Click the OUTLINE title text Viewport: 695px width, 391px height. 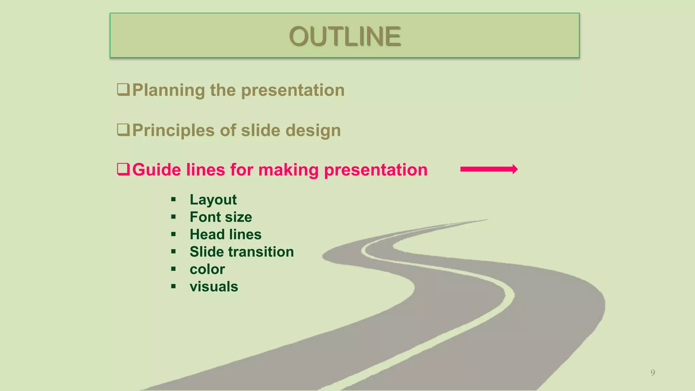pyautogui.click(x=345, y=36)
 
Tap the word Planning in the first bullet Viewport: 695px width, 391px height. pyautogui.click(x=169, y=90)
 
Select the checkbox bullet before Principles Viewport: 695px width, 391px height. pyautogui.click(x=123, y=130)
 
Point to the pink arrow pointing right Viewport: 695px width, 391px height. pyautogui.click(x=489, y=169)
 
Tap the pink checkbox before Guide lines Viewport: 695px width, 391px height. pyautogui.click(x=123, y=169)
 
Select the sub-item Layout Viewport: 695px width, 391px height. pyautogui.click(x=213, y=200)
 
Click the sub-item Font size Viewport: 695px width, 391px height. pyautogui.click(x=221, y=217)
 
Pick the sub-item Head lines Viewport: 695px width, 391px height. pyautogui.click(x=225, y=235)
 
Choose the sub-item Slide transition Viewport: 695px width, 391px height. pyautogui.click(x=242, y=252)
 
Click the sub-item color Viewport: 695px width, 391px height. pyautogui.click(x=207, y=269)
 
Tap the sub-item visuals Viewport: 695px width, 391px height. pyautogui.click(x=214, y=287)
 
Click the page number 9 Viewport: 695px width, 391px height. pyautogui.click(x=653, y=373)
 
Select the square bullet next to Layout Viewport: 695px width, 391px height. pyautogui.click(x=173, y=200)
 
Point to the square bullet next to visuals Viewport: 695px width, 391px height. pyautogui.click(x=173, y=287)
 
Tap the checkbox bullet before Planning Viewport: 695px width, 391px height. pyautogui.click(x=123, y=90)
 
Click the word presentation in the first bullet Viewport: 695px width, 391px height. pyautogui.click(x=293, y=90)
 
